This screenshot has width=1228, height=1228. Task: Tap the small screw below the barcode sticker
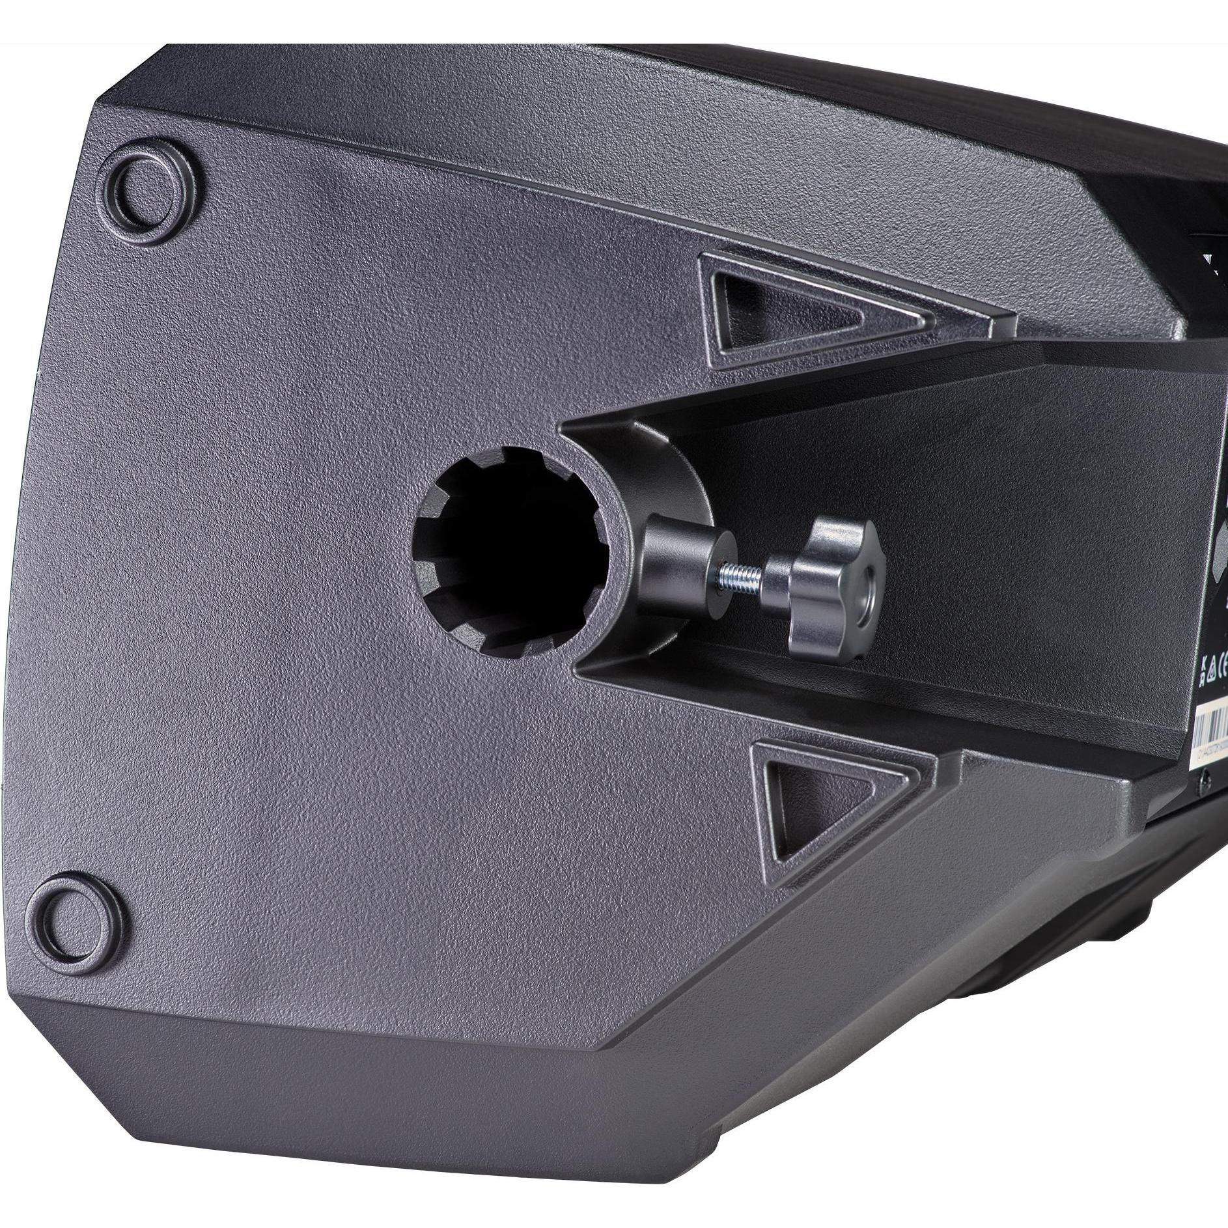(1205, 761)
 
